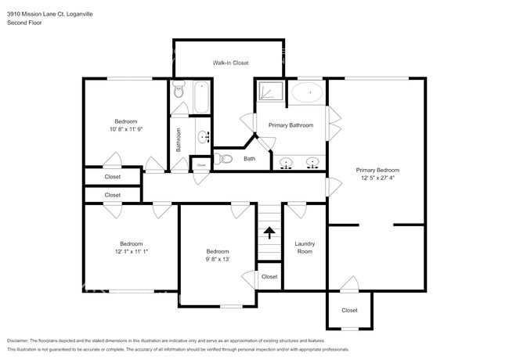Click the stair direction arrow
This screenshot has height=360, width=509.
coord(269,232)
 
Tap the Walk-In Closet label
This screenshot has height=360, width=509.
coord(228,63)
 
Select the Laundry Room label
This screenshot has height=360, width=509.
coord(304,247)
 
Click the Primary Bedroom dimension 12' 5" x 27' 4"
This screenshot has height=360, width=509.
coord(377,178)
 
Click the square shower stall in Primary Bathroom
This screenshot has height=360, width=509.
coord(269,92)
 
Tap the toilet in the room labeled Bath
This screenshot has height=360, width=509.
coord(226,159)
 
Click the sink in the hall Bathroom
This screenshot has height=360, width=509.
coord(204,138)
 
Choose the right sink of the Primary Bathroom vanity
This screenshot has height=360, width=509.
coord(312,164)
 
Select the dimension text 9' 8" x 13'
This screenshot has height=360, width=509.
coord(218,259)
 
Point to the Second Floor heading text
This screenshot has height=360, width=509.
coord(25,23)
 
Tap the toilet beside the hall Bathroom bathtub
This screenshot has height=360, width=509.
coord(179,88)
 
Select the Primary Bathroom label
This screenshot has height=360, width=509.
coord(291,125)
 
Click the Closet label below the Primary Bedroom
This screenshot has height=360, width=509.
coord(349,310)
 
